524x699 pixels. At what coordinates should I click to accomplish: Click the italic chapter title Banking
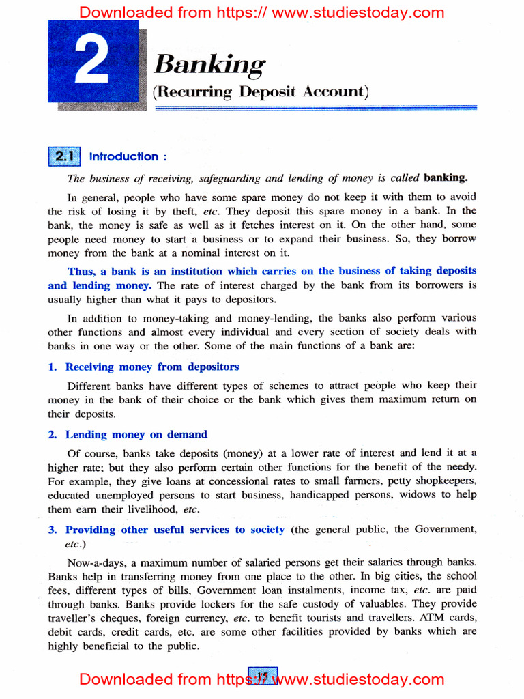click(209, 65)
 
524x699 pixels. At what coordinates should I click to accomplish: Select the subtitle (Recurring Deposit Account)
click(261, 91)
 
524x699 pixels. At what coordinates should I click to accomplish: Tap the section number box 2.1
click(65, 156)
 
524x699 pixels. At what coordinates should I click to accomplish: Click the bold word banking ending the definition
click(446, 178)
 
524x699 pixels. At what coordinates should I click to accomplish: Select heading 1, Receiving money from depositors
click(151, 367)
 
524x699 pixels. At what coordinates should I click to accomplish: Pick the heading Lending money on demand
click(136, 434)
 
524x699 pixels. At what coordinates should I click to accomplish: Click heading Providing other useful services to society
click(175, 530)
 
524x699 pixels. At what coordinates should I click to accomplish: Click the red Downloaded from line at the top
click(262, 12)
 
